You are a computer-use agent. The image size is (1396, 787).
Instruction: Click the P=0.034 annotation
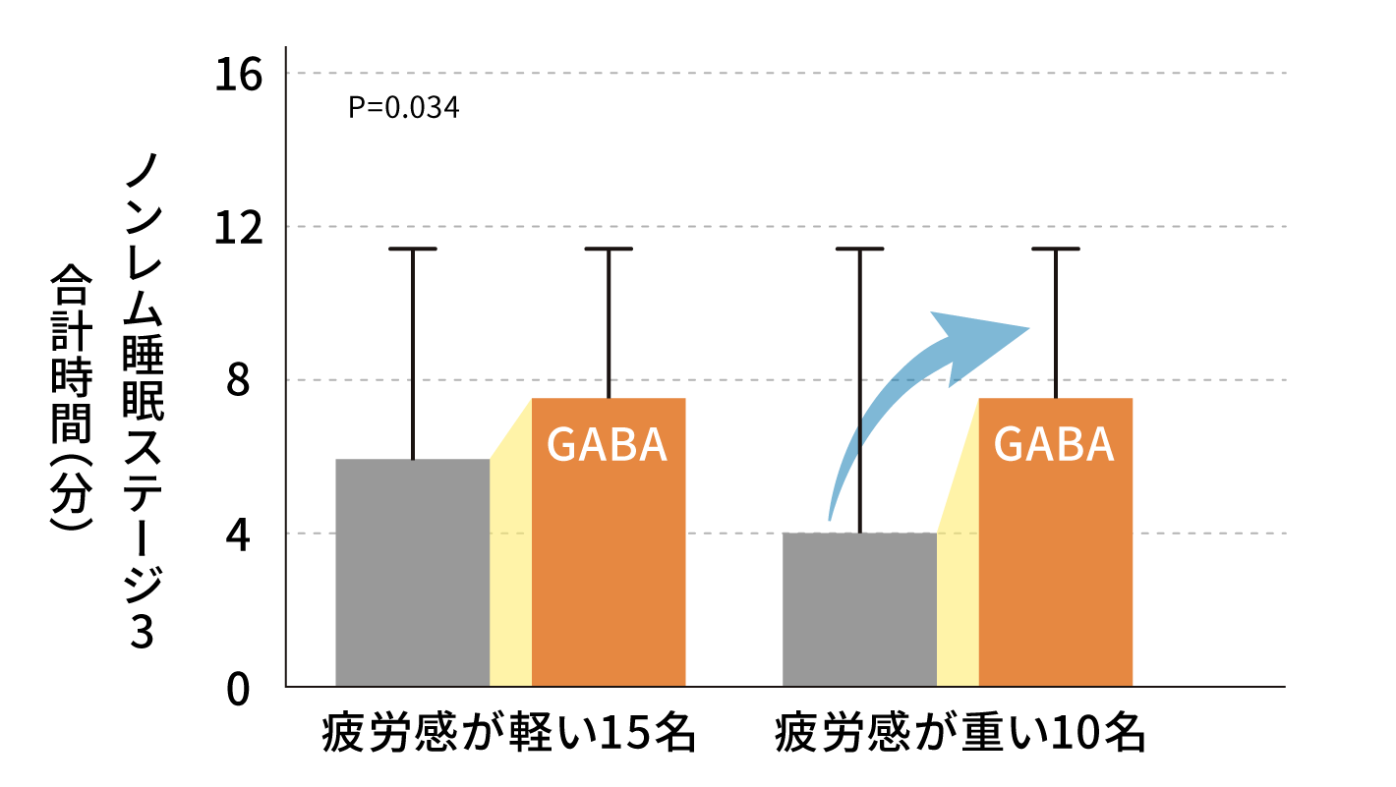403,107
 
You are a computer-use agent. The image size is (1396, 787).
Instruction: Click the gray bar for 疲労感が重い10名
859,609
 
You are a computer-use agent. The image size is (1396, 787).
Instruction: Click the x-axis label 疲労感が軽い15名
509,735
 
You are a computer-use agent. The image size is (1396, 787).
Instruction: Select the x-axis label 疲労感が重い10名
960,735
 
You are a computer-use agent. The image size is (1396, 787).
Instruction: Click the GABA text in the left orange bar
607,445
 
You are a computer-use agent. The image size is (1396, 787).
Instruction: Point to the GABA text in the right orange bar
1054,445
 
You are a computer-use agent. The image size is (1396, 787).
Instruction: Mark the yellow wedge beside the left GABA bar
511,570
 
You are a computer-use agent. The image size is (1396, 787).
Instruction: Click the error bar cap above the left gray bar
412,250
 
